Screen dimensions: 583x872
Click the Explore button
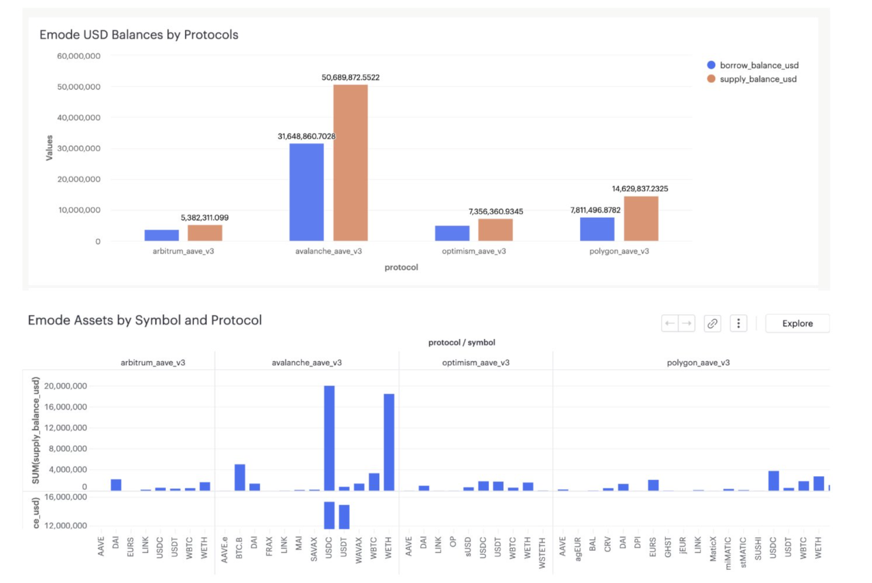pos(797,323)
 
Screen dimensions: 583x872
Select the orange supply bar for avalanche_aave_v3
pos(350,163)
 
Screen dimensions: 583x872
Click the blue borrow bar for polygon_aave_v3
pos(597,229)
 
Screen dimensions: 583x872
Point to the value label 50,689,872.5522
pos(350,77)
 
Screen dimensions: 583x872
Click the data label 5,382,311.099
pos(204,218)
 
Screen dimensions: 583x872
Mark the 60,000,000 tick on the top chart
pos(79,56)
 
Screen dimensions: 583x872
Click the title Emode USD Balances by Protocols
pos(139,35)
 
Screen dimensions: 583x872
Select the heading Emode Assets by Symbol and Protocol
pos(145,320)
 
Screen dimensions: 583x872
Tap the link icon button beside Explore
pos(712,323)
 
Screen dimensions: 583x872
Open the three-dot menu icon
pos(738,323)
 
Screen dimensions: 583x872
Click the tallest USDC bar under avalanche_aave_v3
pos(329,438)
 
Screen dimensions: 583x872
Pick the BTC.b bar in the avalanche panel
pos(240,478)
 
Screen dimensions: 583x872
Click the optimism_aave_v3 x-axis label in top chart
pos(473,251)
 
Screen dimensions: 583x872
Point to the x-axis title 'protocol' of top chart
pos(401,267)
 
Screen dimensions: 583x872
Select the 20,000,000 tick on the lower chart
pos(66,386)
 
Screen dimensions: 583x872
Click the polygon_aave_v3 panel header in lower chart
pos(698,362)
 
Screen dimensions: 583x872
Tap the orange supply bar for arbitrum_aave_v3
pos(205,233)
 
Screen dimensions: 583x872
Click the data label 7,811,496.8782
pos(595,210)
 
